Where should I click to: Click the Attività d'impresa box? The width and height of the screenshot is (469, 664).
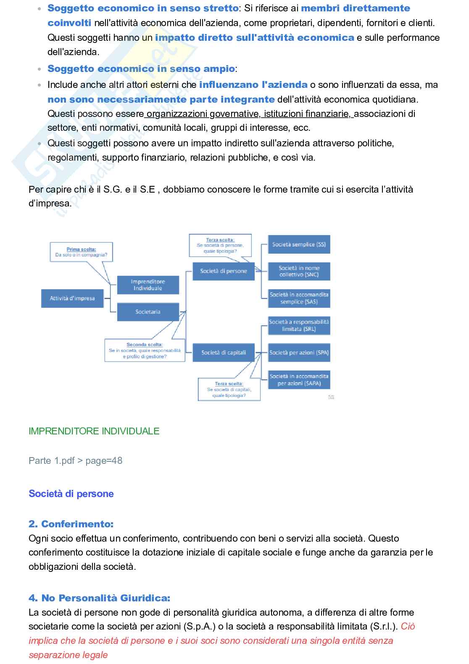pos(72,299)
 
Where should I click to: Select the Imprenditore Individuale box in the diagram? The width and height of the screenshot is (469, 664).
pos(148,285)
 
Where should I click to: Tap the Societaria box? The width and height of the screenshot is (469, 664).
pos(148,312)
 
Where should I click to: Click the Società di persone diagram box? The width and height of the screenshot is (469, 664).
pos(223,271)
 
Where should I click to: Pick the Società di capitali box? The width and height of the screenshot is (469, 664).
pos(223,352)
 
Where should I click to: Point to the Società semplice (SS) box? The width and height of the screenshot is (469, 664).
pos(299,244)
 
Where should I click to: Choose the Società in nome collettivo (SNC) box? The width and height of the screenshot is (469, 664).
pos(299,271)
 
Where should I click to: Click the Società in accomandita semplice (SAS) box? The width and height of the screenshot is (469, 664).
pos(299,298)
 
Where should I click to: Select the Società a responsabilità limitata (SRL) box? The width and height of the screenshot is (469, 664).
pos(299,325)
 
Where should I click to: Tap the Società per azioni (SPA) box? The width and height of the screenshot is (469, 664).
pos(299,352)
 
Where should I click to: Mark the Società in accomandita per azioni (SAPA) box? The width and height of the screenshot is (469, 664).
pos(299,380)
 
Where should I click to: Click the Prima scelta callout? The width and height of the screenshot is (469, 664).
pos(81,252)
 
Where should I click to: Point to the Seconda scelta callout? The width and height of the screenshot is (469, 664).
pos(145,350)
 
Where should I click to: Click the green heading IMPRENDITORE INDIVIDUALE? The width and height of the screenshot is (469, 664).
pos(94,431)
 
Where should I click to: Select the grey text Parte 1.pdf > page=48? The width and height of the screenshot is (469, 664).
pos(76,460)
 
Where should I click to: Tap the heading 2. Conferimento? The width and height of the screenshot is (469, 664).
pos(71,524)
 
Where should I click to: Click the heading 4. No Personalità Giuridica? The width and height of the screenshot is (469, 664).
pos(99,598)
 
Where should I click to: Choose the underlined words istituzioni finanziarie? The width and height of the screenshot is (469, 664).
pos(308,114)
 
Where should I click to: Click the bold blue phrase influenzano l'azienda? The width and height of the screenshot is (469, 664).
pos(253,85)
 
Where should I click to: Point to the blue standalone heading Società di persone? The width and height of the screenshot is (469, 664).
pos(71,494)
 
